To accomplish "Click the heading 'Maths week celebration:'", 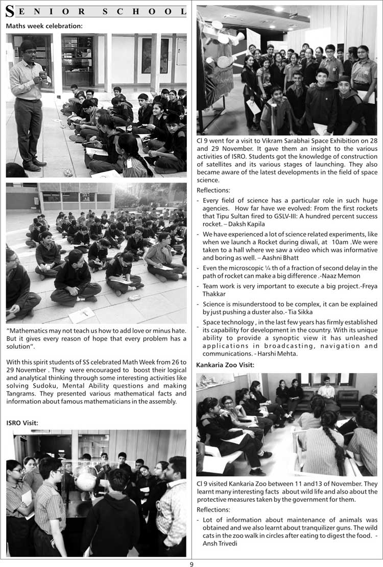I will point(44,25).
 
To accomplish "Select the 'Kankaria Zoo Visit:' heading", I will point(225,365).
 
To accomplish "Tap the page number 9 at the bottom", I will point(192,563).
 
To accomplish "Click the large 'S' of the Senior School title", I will point(10,12).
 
